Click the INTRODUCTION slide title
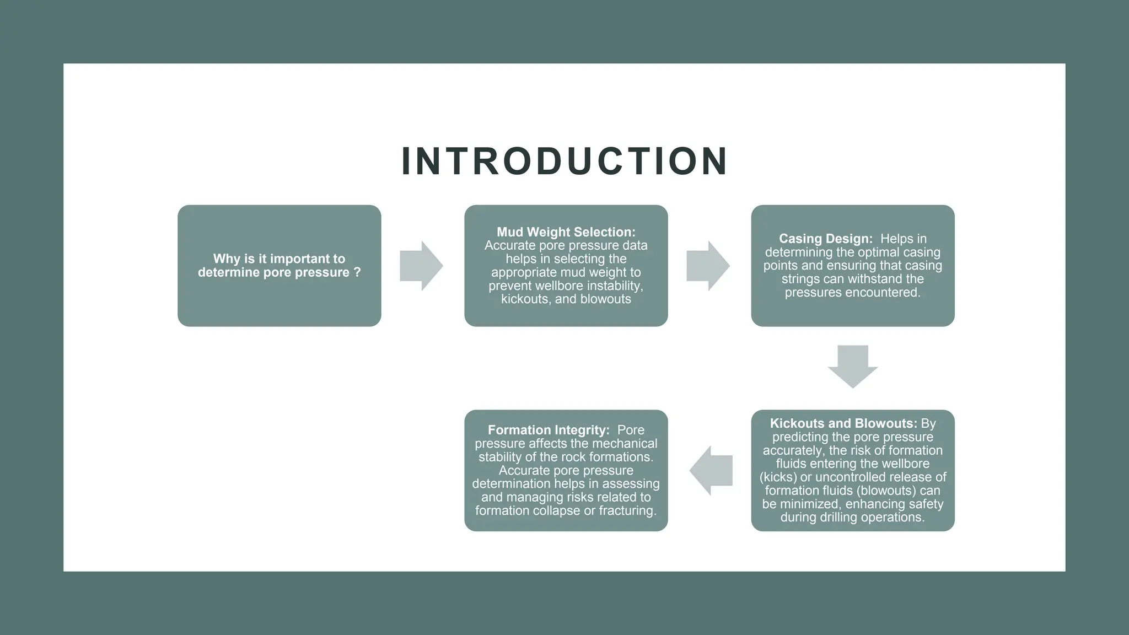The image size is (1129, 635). click(x=564, y=162)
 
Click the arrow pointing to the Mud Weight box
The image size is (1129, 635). click(x=421, y=266)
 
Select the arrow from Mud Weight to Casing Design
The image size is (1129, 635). click(x=708, y=266)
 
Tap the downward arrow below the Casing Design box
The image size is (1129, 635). click(x=852, y=367)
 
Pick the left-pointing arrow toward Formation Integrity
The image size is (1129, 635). click(x=711, y=471)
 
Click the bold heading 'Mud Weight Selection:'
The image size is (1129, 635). click(x=566, y=232)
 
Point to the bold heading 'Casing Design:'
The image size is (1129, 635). click(x=825, y=239)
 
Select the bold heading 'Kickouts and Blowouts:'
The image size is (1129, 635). click(x=843, y=423)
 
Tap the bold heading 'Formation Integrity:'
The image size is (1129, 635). click(x=549, y=430)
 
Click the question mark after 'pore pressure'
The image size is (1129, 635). click(x=357, y=272)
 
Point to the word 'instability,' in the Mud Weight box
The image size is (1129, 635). click(x=616, y=286)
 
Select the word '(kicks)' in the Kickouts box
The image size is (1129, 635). click(x=778, y=477)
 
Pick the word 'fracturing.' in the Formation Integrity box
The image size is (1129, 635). click(x=628, y=510)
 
